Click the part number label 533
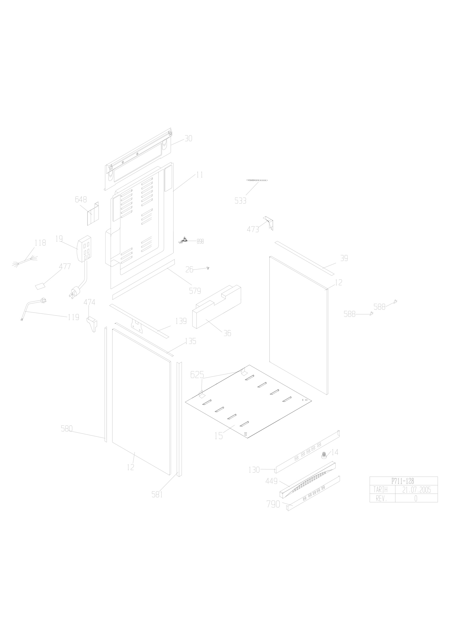click(x=240, y=201)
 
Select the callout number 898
click(x=200, y=241)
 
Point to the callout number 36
click(x=227, y=333)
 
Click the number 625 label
click(x=197, y=375)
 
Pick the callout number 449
click(x=272, y=481)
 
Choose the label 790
click(x=273, y=504)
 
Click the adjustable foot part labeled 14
click(x=323, y=455)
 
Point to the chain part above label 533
click(x=257, y=180)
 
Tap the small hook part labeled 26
click(x=208, y=268)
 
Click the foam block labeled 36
click(x=217, y=307)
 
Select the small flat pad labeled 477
click(x=40, y=286)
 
